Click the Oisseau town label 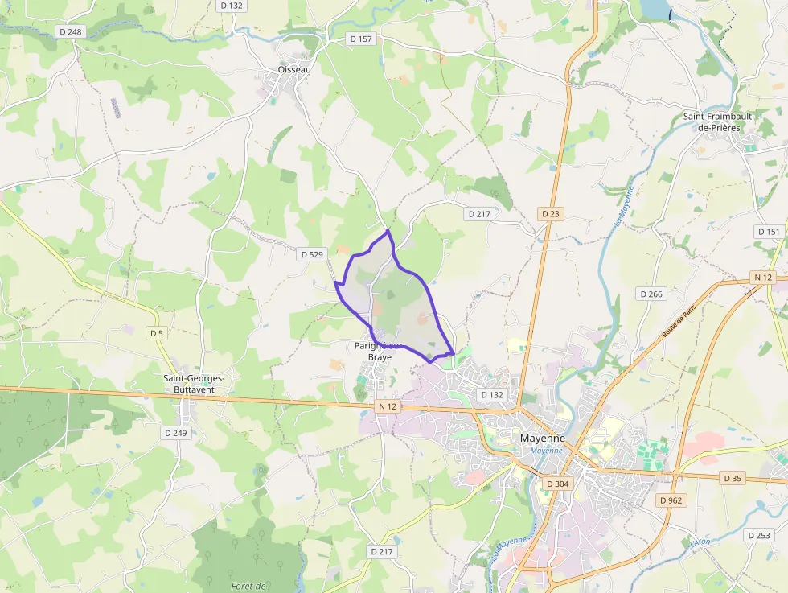coord(294,69)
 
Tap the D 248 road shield coord(71,31)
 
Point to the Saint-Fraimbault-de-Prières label coord(718,122)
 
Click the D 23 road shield coord(550,214)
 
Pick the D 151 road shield coord(768,232)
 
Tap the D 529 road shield coord(311,255)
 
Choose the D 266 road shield coord(651,294)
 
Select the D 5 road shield coord(156,332)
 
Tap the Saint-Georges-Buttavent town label coord(194,383)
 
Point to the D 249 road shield coord(175,433)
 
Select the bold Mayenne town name coord(543,439)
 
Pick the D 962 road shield coord(672,500)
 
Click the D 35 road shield coord(732,478)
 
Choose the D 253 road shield coord(758,535)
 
